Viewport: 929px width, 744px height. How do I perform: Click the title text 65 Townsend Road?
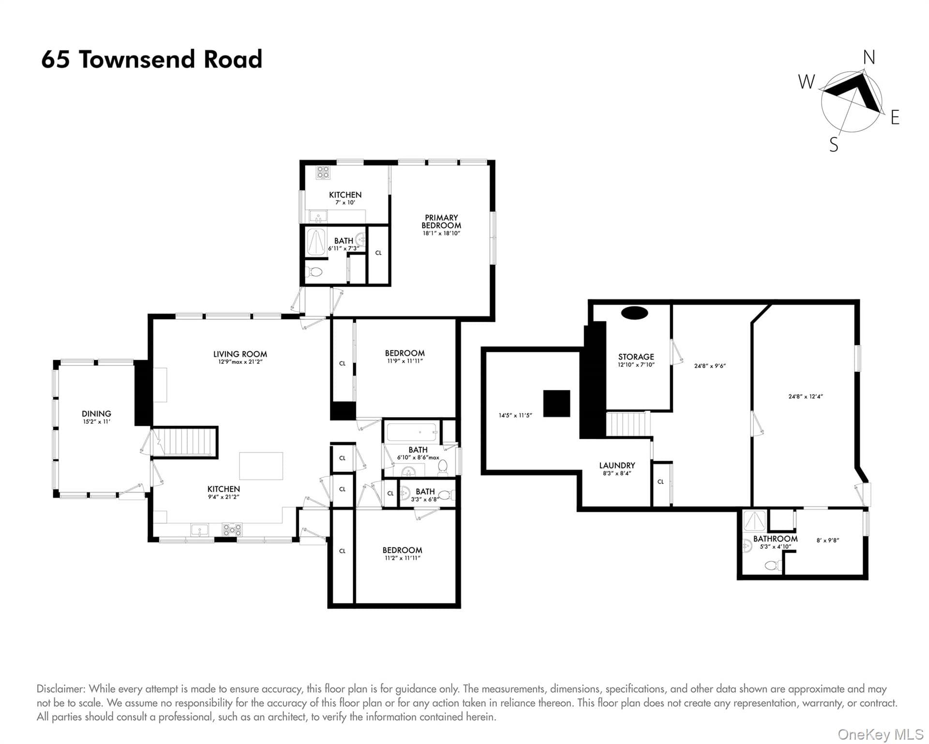(151, 60)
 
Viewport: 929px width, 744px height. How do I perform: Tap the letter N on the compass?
(869, 58)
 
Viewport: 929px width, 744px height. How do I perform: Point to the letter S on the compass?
(834, 144)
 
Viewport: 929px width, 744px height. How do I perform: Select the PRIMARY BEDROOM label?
(441, 221)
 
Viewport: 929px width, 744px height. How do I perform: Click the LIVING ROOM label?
(240, 354)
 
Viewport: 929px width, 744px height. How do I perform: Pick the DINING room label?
(96, 414)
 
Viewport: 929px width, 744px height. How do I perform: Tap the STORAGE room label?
(636, 356)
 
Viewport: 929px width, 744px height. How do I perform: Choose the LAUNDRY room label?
(617, 465)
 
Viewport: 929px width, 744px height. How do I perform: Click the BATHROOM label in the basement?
(775, 539)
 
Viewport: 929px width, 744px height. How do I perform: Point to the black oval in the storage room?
(634, 313)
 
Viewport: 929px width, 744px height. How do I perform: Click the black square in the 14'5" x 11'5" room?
(556, 403)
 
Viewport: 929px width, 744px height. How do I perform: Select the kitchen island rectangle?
(261, 466)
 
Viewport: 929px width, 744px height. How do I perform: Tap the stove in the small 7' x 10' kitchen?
(323, 172)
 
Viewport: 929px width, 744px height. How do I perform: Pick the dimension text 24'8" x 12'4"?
(806, 396)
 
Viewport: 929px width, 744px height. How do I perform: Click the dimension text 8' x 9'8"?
(828, 540)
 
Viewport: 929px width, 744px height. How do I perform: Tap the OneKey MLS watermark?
(881, 734)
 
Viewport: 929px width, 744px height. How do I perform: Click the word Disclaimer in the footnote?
(61, 689)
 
